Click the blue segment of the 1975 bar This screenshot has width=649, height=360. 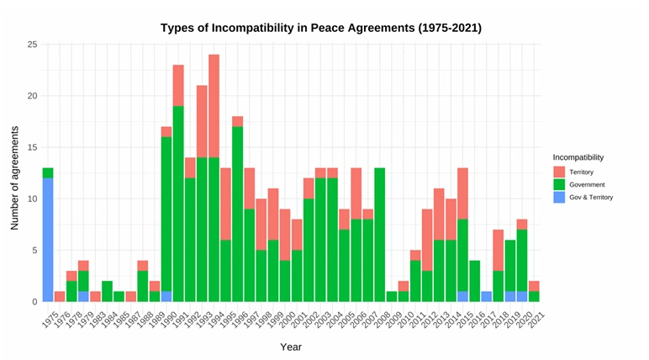point(48,240)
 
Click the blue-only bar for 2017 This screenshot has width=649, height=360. point(487,297)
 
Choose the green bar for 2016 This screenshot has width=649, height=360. point(475,282)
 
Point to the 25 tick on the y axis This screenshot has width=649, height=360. point(33,45)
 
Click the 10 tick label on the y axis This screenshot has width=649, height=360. point(33,199)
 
